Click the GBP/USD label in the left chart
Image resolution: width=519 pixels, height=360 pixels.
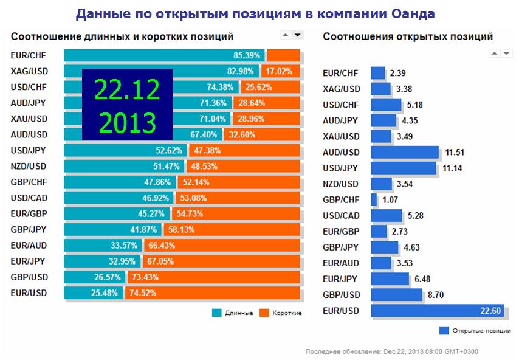pyautogui.click(x=29, y=277)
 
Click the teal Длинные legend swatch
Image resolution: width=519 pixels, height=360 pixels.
pyautogui.click(x=217, y=313)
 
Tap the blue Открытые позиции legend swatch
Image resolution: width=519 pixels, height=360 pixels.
pyautogui.click(x=444, y=331)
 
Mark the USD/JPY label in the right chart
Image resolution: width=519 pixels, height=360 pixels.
pyautogui.click(x=341, y=168)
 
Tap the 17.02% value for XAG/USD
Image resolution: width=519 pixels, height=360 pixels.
pyautogui.click(x=280, y=71)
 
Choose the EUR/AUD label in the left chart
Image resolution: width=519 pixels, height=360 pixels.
pyautogui.click(x=29, y=245)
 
